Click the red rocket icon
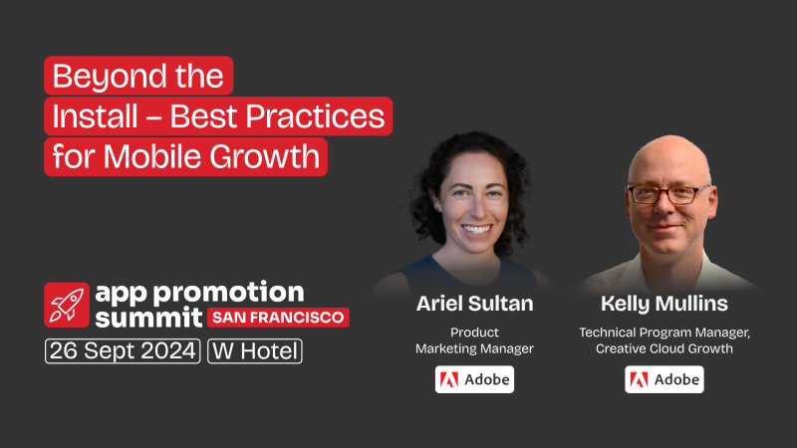67,305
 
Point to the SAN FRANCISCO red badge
278,318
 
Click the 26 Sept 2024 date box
123,351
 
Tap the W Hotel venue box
254,351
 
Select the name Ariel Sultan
474,304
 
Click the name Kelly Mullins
663,304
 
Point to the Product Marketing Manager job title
474,339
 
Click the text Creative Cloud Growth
663,348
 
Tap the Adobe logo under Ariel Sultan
474,379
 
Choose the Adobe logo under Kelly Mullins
664,379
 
